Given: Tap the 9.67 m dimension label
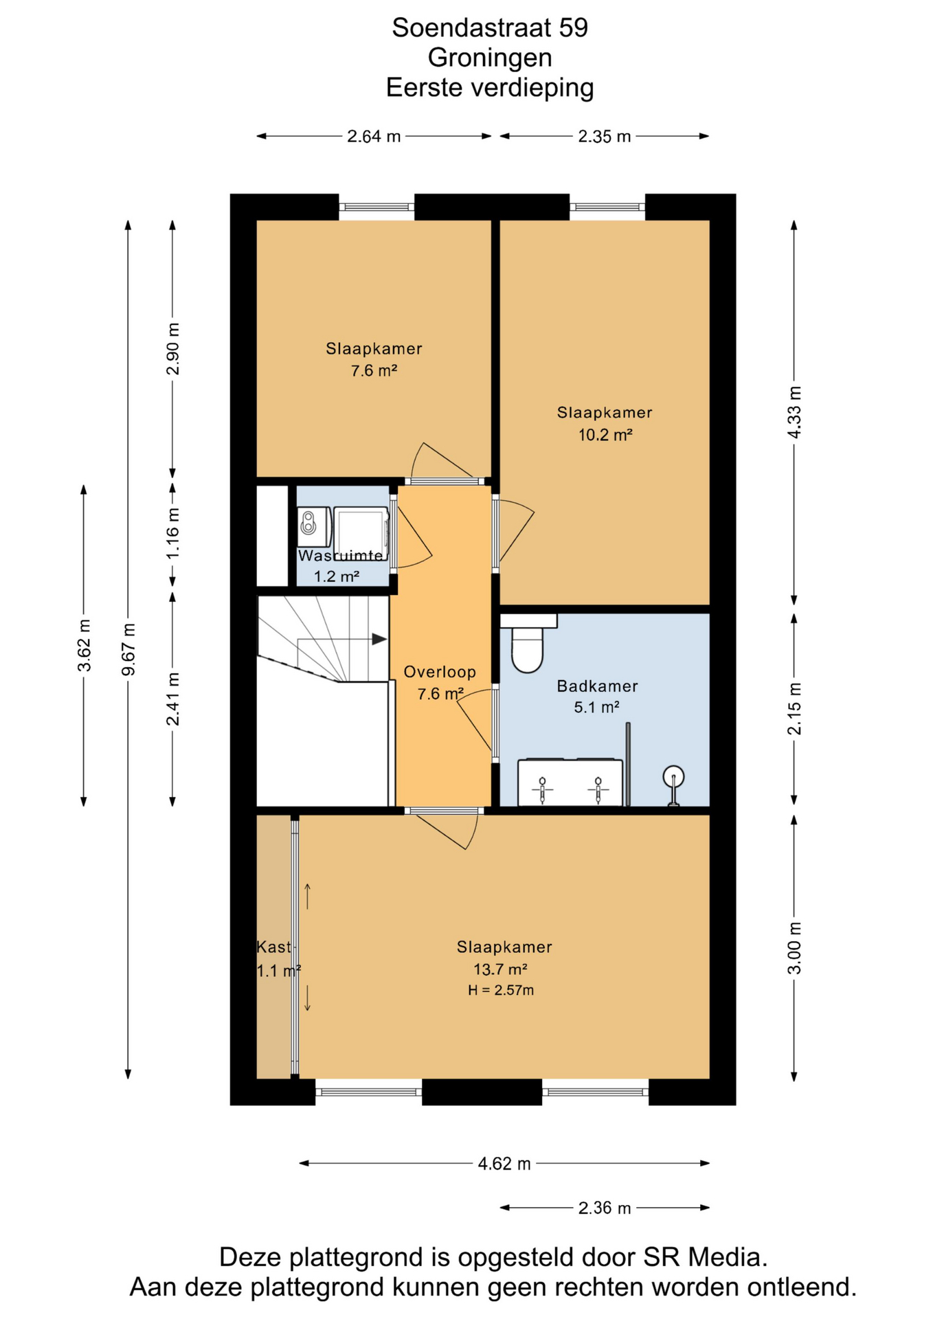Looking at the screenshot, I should (128, 649).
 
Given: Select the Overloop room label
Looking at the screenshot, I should (439, 672).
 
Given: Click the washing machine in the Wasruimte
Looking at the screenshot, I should (361, 533).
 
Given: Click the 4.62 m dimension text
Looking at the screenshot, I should (504, 1163).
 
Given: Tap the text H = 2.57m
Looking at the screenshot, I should (501, 990).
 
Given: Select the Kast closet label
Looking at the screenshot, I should (273, 947).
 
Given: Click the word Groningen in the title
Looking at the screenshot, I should (489, 58).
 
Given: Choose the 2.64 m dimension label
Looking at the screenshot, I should (373, 136).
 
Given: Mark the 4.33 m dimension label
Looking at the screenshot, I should (794, 412).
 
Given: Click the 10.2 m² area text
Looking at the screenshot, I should (605, 435).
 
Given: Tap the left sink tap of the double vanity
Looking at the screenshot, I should (543, 789).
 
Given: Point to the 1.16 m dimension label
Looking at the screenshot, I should (172, 533).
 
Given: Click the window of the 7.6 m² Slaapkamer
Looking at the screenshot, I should (376, 206).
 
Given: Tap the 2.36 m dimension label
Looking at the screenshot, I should (604, 1208).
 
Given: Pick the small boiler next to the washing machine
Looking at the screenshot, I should (308, 523).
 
